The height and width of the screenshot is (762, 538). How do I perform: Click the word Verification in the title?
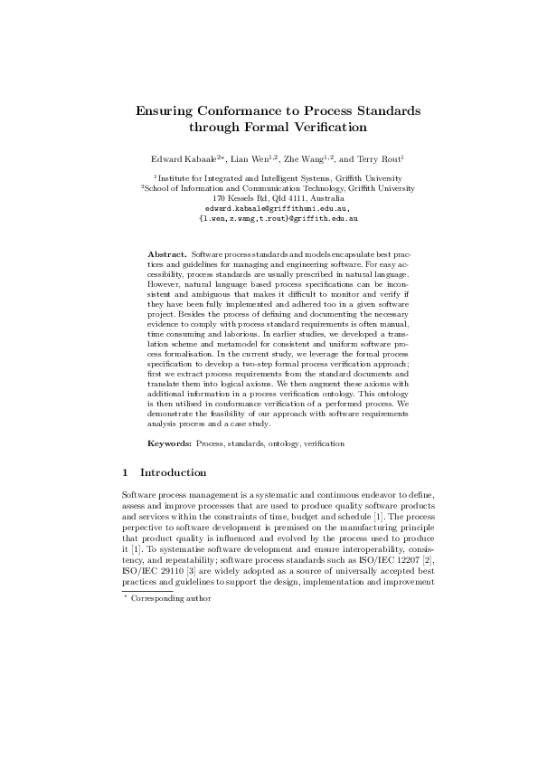click(317, 128)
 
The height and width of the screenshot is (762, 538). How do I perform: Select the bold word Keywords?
click(170, 444)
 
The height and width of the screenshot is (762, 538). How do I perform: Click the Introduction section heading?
click(174, 472)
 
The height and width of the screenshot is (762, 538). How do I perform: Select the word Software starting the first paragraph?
click(138, 493)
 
